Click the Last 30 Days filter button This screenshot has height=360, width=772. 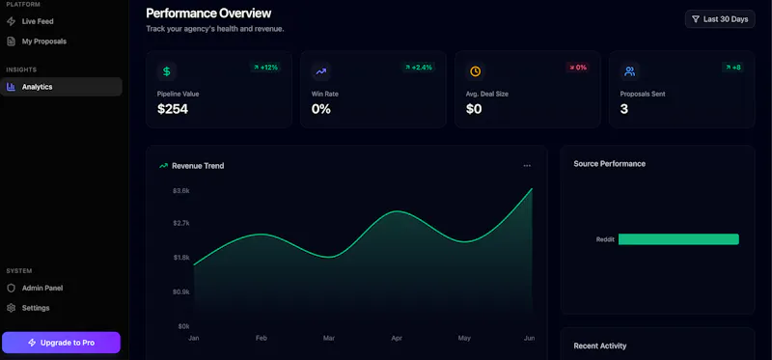(x=720, y=19)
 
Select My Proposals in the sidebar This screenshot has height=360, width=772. (x=37, y=42)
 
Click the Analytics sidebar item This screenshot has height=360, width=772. (x=61, y=87)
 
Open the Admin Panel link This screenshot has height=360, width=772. (x=35, y=289)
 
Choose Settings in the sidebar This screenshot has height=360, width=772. (x=29, y=308)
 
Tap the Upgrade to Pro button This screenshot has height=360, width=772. (x=61, y=343)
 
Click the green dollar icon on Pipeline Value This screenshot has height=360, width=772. (x=167, y=71)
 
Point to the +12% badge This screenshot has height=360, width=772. (x=266, y=67)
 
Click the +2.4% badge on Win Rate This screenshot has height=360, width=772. (x=419, y=67)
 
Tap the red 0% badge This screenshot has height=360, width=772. (x=578, y=67)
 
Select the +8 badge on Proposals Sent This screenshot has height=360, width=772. (x=732, y=67)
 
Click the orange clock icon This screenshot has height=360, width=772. (x=475, y=71)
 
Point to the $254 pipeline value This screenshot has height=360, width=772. (x=173, y=109)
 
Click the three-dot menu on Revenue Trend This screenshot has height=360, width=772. (x=527, y=166)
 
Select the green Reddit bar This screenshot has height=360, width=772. (x=678, y=239)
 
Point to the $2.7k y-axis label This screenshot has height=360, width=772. (x=180, y=223)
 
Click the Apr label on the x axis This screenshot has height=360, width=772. (x=397, y=339)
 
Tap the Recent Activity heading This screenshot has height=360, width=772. (x=599, y=346)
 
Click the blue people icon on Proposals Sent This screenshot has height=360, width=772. (x=629, y=71)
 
